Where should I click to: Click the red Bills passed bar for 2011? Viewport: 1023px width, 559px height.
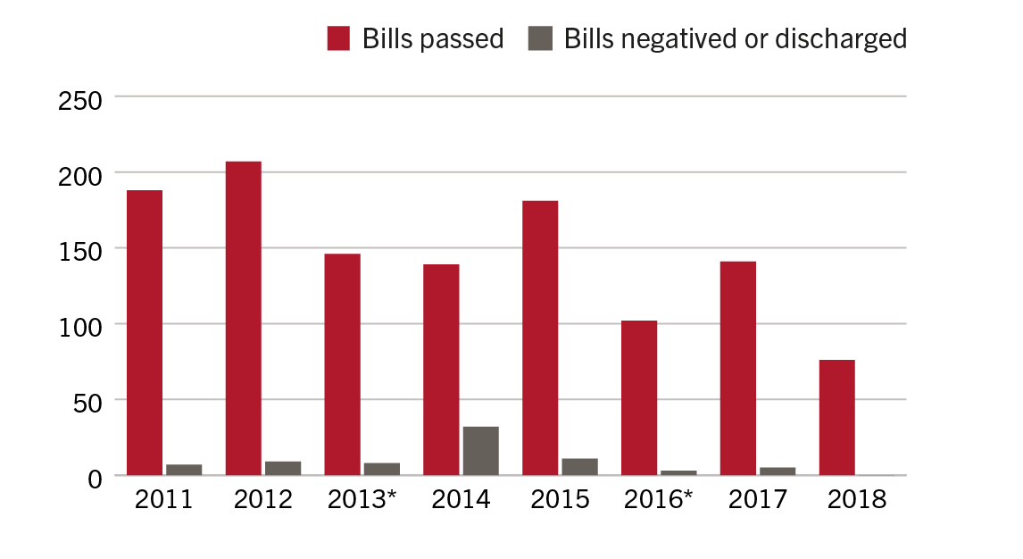[x=145, y=332]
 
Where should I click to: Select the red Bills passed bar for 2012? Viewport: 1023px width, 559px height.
[x=243, y=319]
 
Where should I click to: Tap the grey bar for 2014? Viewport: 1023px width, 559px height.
[x=480, y=451]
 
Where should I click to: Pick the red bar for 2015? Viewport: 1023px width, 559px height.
[x=540, y=338]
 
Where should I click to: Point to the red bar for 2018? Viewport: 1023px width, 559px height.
[x=836, y=418]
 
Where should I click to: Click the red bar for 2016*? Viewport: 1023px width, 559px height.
[x=639, y=397]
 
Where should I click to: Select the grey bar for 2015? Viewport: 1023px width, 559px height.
[x=579, y=467]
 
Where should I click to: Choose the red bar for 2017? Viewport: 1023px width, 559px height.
[x=738, y=368]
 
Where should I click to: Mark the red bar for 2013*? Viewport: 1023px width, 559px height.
[x=342, y=364]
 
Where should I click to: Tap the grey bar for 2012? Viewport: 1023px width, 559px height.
[x=283, y=468]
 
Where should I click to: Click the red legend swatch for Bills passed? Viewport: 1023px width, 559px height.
[x=338, y=38]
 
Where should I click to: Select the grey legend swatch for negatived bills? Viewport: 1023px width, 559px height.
[x=540, y=38]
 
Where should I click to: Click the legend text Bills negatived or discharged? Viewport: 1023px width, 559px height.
[x=735, y=39]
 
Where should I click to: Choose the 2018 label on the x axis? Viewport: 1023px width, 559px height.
[x=856, y=499]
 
